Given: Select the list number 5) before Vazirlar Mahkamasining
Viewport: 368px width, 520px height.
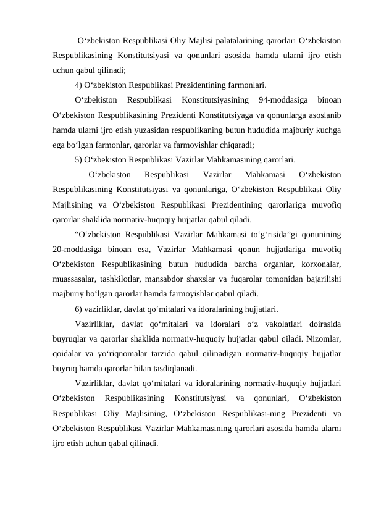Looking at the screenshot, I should [80, 158].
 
